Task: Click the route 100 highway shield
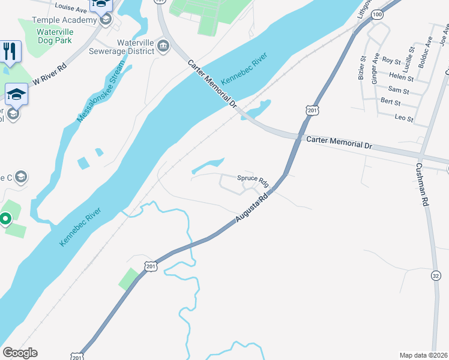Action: [x=376, y=14]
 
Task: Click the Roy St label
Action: [x=391, y=61]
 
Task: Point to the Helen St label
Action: [x=401, y=78]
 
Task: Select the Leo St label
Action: [x=404, y=119]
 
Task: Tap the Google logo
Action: [x=20, y=353]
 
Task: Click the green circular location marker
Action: [x=5, y=219]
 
